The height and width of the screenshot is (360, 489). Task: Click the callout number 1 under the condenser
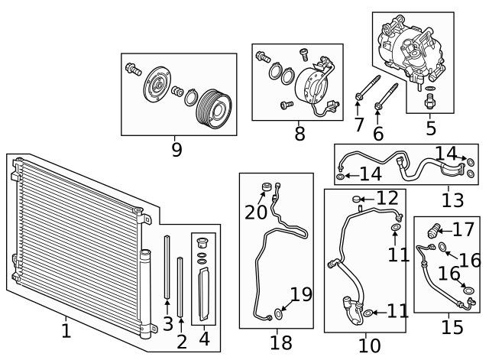(x=66, y=331)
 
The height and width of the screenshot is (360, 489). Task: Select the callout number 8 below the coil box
(x=300, y=135)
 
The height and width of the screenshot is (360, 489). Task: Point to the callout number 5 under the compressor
(x=431, y=128)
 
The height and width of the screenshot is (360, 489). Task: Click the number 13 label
(x=452, y=200)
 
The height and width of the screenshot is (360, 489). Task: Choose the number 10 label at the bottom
(x=369, y=345)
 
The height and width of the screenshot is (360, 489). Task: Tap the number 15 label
(x=452, y=327)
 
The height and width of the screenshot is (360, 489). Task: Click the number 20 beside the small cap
(x=256, y=212)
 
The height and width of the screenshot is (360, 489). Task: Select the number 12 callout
(x=387, y=199)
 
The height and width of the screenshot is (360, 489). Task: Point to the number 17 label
(x=463, y=229)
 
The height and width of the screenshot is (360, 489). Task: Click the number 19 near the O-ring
(x=302, y=294)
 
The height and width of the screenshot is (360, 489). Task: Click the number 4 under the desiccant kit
(x=204, y=338)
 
